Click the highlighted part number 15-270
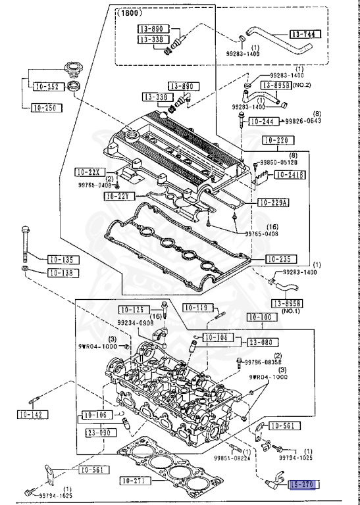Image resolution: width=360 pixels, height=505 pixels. (305, 485)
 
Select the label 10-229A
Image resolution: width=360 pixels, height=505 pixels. (274, 202)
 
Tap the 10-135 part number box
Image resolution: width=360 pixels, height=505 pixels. (63, 259)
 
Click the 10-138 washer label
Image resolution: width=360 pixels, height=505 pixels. (63, 272)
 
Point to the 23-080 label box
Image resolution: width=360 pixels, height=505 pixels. (263, 342)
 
